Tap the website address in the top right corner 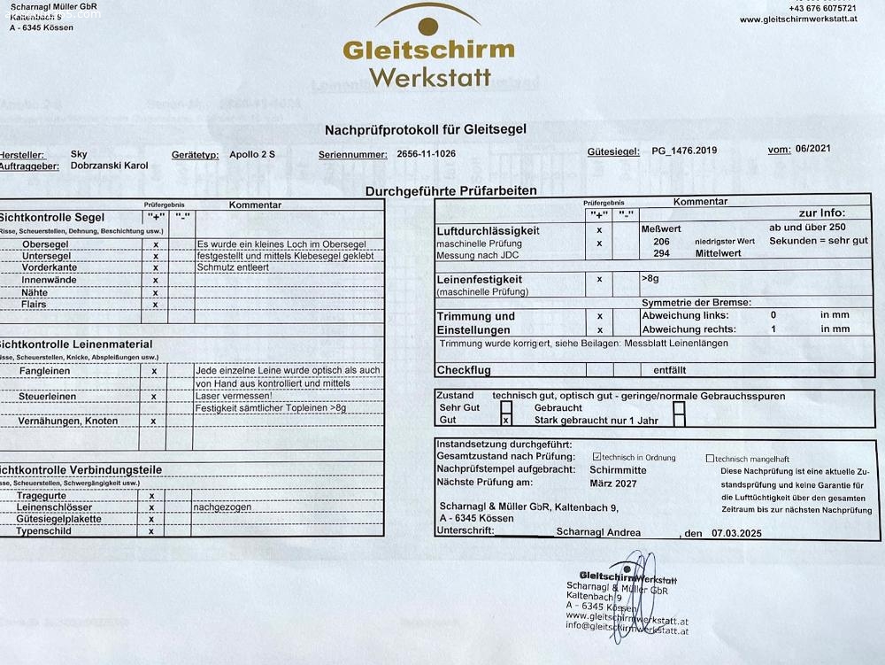click(797, 19)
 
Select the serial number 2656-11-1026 click(427, 154)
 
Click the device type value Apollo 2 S click(251, 154)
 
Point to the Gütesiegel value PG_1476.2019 click(684, 151)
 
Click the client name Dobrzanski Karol click(109, 166)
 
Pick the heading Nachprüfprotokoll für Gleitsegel click(426, 129)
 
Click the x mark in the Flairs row click(155, 305)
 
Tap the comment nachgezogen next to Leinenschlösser click(224, 507)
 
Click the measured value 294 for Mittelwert click(661, 253)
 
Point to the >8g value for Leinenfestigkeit click(650, 278)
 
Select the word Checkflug click(464, 370)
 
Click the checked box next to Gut click(506, 421)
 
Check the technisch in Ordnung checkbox click(597, 457)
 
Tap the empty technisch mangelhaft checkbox click(710, 459)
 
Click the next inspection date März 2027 click(618, 483)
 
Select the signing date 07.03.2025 click(735, 534)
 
